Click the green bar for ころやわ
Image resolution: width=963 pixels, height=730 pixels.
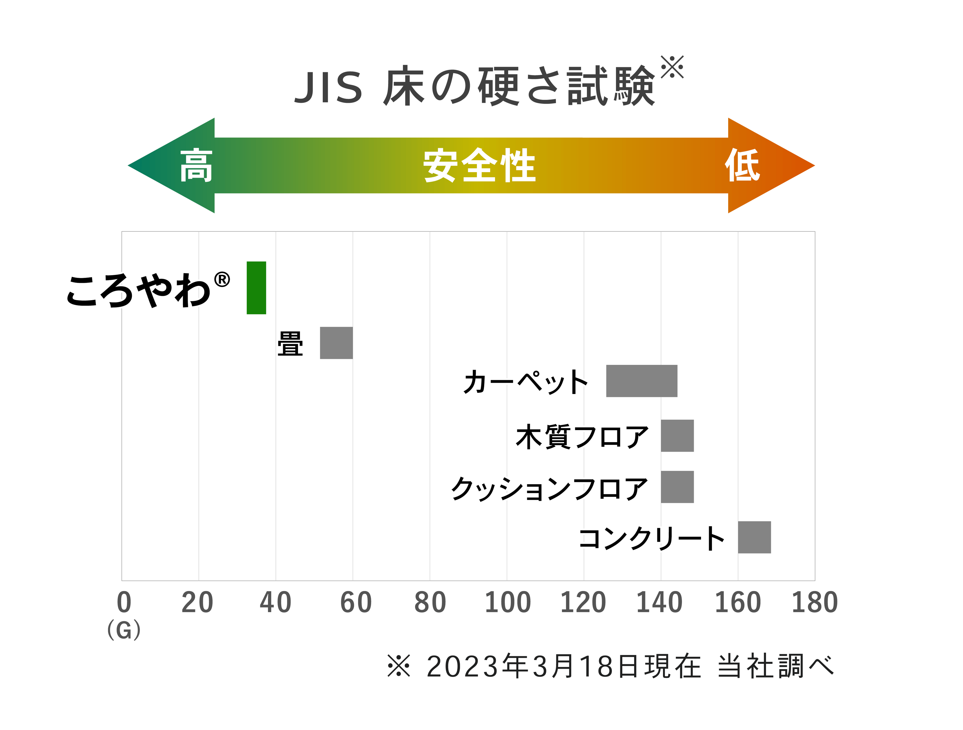256,288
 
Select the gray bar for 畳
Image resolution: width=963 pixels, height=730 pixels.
336,343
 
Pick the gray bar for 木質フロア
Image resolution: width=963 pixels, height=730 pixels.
677,436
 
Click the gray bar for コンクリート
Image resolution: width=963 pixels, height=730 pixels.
754,537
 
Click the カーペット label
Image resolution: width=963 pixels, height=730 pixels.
525,382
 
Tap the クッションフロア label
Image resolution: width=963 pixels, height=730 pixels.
549,488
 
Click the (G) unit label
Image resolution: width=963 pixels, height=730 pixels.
124,630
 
